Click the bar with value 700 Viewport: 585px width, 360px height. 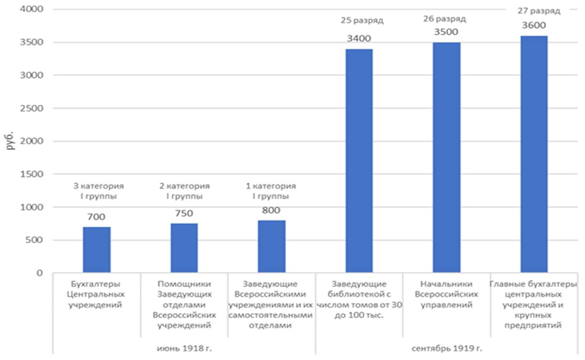point(96,250)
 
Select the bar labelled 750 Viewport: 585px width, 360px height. point(184,248)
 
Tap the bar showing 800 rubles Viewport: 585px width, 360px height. point(271,247)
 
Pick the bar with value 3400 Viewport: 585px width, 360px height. point(359,161)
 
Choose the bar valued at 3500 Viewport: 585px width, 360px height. point(447,157)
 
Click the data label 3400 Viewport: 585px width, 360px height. point(359,39)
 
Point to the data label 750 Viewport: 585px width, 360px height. point(184,213)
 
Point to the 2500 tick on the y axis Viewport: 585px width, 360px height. point(32,108)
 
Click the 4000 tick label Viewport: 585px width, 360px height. point(32,9)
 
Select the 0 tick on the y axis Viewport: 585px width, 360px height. point(40,273)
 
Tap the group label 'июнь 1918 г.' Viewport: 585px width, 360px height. point(184,348)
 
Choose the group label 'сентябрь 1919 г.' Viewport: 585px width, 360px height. point(447,348)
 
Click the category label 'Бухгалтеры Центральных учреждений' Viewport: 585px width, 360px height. point(96,294)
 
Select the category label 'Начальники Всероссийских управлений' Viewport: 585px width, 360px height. point(447,294)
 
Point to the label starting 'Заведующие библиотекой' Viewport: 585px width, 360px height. point(359,299)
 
